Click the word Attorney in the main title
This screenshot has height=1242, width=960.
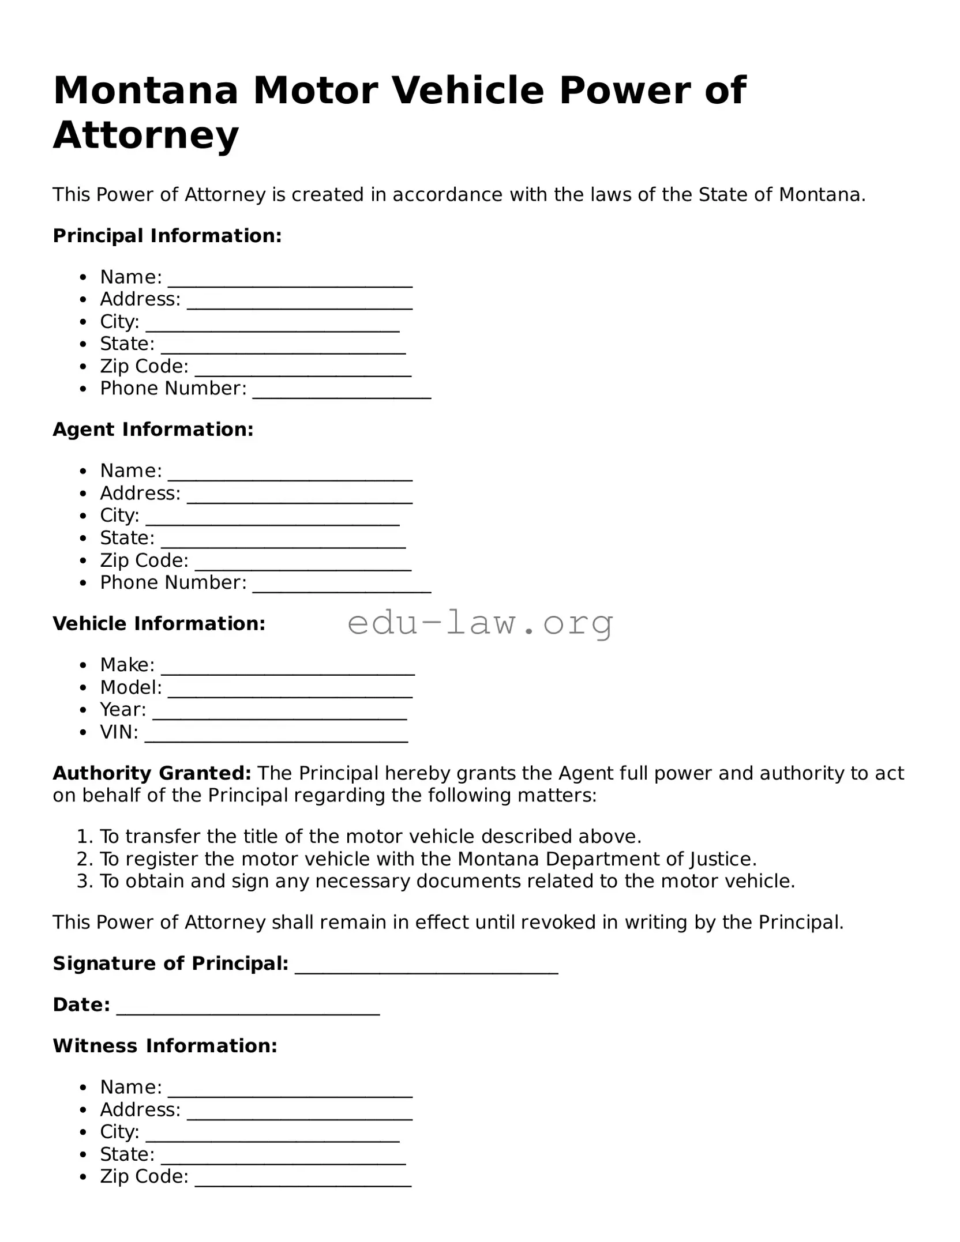[x=145, y=136]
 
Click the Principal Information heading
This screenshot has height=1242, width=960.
[x=167, y=235]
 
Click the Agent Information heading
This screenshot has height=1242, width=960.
[x=153, y=430]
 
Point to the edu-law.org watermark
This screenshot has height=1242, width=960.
[x=480, y=624]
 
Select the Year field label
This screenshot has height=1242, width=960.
[x=123, y=709]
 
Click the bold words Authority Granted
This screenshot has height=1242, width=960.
[x=152, y=773]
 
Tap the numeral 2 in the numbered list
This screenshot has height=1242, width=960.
[x=83, y=859]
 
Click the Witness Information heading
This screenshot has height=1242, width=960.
[x=165, y=1046]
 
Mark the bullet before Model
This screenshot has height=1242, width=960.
[x=84, y=688]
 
